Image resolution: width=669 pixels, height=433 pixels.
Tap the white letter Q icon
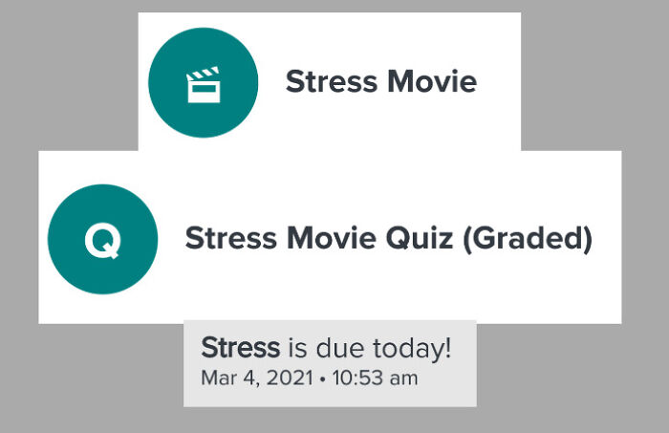102,240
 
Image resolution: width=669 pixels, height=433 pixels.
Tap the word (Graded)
528,238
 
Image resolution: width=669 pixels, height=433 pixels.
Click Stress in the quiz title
229,238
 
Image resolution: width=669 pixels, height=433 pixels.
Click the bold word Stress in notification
241,348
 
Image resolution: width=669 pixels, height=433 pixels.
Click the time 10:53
356,378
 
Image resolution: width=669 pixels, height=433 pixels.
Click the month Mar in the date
217,378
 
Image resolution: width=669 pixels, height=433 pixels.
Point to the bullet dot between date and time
322,379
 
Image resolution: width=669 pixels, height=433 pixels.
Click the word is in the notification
297,349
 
